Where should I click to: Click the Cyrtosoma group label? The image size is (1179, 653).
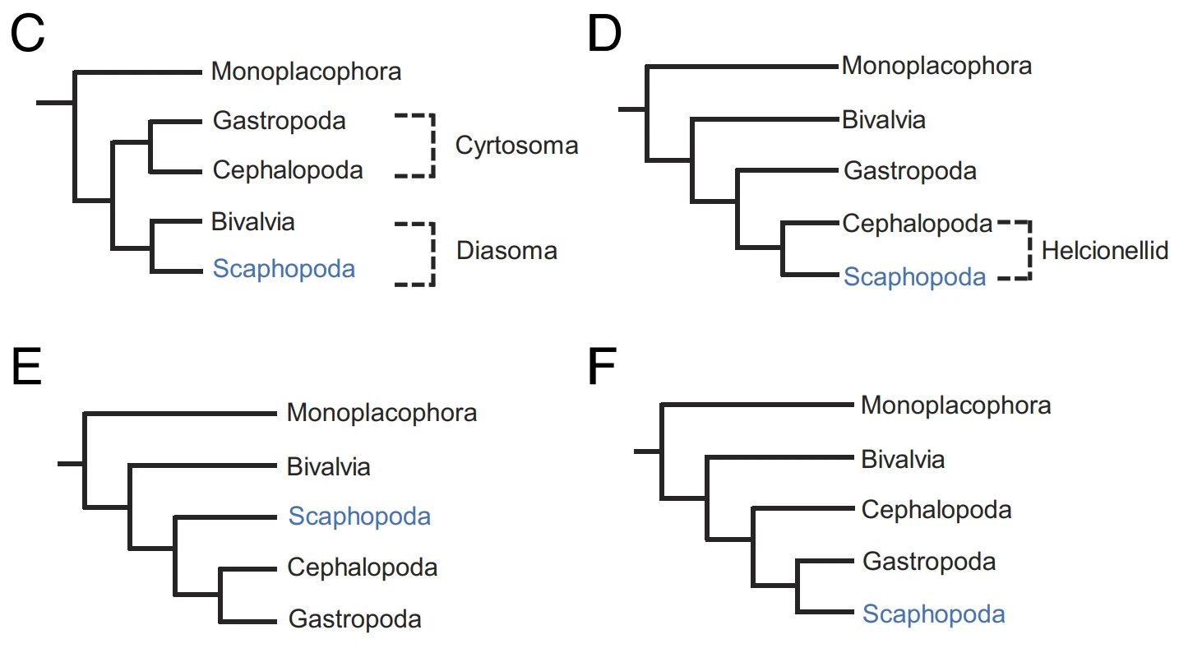[517, 146]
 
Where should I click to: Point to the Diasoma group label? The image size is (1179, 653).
[506, 250]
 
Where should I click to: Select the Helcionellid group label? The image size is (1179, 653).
[1104, 251]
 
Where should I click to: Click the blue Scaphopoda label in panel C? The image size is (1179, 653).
[284, 268]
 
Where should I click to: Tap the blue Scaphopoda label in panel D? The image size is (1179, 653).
[914, 277]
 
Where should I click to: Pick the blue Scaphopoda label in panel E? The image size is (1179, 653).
[359, 516]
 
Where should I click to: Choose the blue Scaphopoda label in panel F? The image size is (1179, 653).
[933, 614]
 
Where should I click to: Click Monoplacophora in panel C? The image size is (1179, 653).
[306, 72]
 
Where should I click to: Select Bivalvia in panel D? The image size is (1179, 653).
[884, 120]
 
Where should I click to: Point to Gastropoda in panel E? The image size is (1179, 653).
[354, 618]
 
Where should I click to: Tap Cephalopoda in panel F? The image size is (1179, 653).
[936, 510]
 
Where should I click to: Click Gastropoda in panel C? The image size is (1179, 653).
[279, 121]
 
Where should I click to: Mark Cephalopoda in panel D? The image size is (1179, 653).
[917, 224]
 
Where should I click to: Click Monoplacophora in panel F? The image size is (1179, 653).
[955, 405]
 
